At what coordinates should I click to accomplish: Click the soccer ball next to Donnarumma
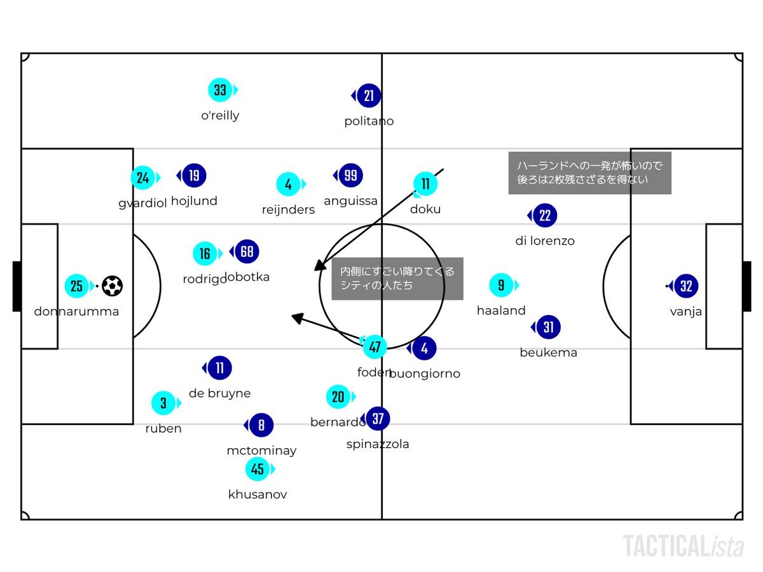(x=113, y=286)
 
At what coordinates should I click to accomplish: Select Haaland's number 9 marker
(x=501, y=285)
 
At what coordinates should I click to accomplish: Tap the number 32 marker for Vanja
(x=686, y=286)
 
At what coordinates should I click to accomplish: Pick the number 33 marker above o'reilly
(x=220, y=90)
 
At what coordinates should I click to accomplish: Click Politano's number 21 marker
(x=369, y=96)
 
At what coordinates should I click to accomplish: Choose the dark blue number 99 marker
(x=350, y=175)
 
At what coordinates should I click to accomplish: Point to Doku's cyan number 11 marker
(x=425, y=184)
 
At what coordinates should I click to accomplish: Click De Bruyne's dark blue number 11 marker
(x=219, y=368)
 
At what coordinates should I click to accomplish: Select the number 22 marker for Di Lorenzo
(x=545, y=215)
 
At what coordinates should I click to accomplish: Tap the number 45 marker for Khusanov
(x=258, y=470)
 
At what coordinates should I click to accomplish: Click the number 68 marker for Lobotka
(x=247, y=252)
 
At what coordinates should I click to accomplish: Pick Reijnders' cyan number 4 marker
(x=289, y=184)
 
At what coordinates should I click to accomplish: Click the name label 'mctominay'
(x=261, y=451)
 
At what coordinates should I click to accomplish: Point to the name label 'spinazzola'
(x=378, y=444)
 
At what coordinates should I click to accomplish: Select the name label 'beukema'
(x=548, y=352)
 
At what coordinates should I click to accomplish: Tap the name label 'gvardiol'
(x=142, y=203)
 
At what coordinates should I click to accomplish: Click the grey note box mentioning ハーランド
(x=590, y=173)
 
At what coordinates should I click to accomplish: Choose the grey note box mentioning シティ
(x=397, y=278)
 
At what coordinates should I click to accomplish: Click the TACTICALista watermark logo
(x=684, y=546)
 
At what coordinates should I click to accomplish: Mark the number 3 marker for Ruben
(x=163, y=403)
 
